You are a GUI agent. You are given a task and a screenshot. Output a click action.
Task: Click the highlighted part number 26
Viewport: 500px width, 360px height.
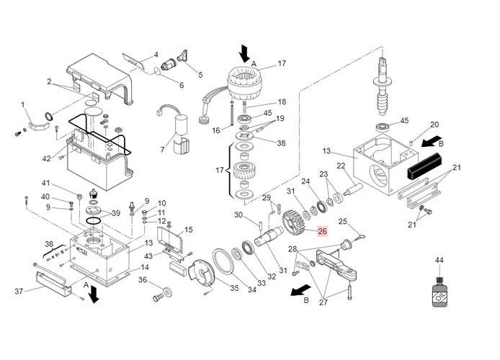point(322,231)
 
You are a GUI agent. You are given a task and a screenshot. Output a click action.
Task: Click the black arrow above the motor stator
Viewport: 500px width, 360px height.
point(245,53)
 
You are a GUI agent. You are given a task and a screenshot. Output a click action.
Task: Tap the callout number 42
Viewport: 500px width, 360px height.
point(47,158)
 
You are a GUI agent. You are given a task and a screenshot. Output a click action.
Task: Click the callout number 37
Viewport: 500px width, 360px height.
point(19,290)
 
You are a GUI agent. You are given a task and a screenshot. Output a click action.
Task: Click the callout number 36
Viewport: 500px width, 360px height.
point(143,280)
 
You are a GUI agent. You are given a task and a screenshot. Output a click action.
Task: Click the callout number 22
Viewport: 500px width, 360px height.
point(341,166)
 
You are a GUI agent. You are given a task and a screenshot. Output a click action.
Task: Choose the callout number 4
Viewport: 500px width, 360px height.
point(155,55)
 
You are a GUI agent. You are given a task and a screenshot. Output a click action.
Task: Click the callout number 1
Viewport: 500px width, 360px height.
point(24,105)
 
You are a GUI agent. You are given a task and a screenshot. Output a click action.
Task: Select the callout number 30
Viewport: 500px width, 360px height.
point(238,215)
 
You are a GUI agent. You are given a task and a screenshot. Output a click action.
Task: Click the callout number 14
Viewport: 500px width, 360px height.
point(144,268)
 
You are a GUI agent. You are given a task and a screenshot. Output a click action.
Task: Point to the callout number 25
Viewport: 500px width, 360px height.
point(343,222)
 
